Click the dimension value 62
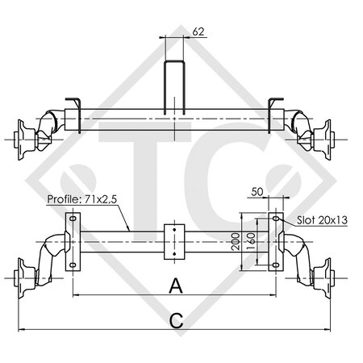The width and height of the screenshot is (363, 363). (198, 33)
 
